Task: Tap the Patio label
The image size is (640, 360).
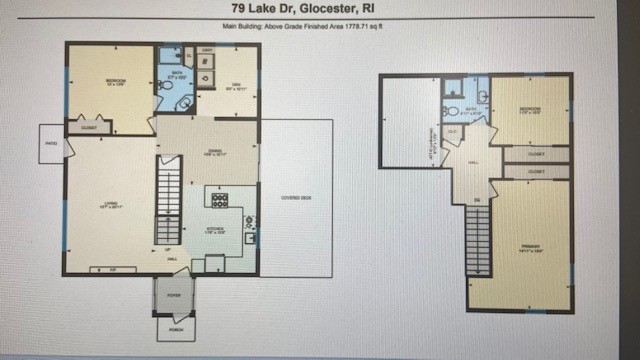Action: (51, 142)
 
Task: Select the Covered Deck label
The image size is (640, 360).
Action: (296, 197)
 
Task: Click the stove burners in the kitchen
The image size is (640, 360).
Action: (218, 196)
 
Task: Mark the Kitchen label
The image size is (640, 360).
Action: (215, 229)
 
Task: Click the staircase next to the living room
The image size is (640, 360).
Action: (168, 205)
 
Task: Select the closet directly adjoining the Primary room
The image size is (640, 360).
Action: (536, 172)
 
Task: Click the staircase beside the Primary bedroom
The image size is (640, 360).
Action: (478, 240)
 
